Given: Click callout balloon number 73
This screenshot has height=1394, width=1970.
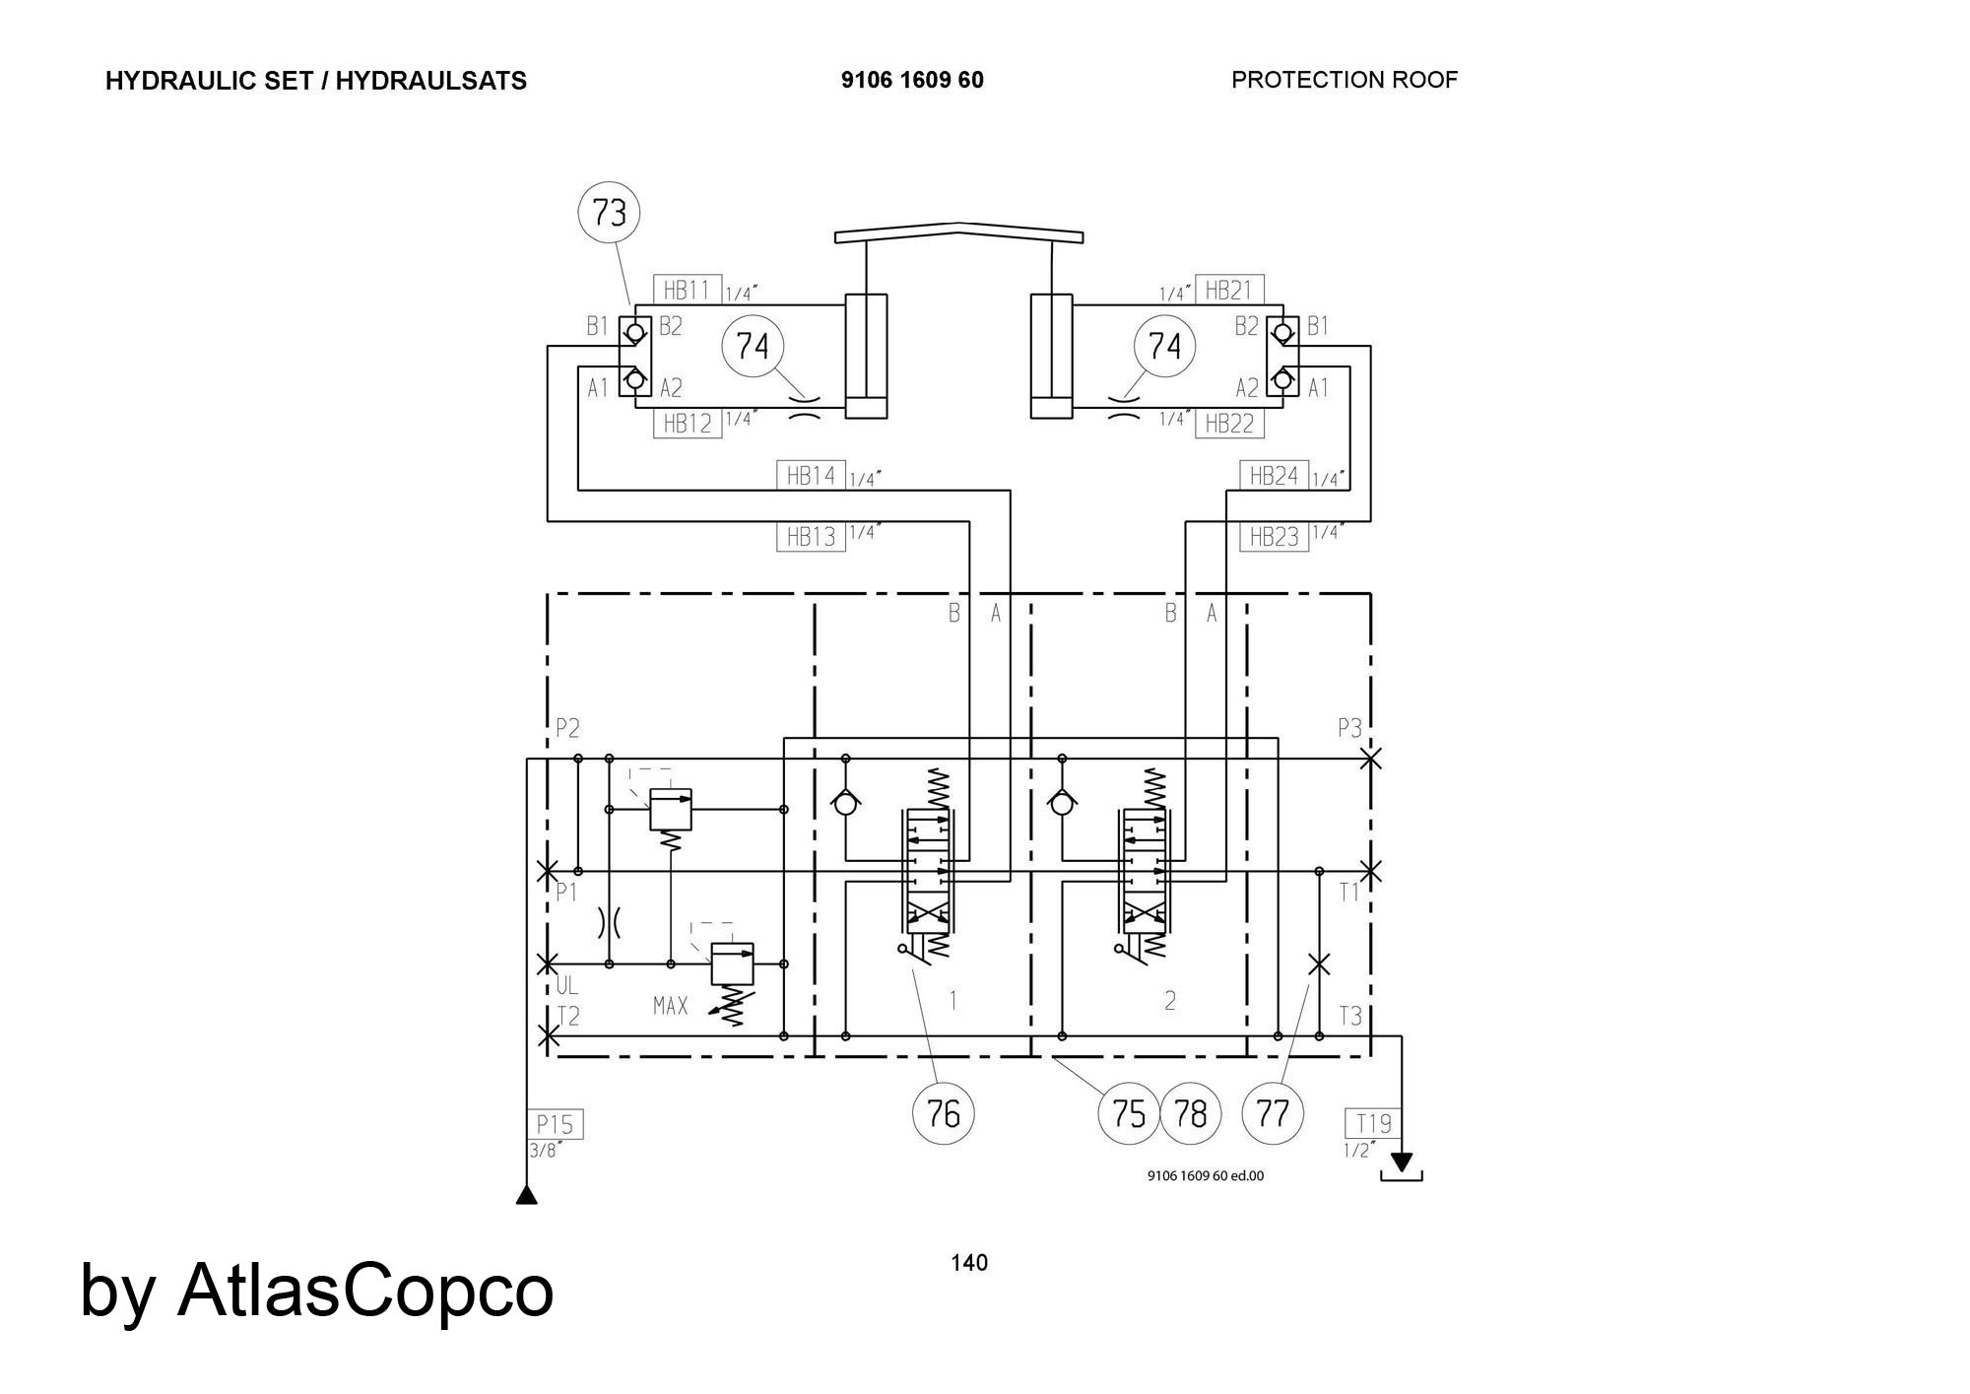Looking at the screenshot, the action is point(609,213).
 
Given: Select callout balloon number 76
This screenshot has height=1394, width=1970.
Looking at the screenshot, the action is point(944,1113).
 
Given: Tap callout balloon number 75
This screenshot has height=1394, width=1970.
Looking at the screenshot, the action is point(1129,1113).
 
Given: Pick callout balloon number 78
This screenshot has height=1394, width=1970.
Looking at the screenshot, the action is point(1191,1113).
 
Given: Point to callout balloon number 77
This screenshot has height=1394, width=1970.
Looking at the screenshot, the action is point(1274,1113).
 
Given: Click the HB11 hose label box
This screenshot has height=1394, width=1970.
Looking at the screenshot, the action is point(688,290).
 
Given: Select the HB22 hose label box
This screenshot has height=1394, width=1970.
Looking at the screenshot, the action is point(1229,424).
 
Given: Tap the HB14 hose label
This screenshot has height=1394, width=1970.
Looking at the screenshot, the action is point(811,476).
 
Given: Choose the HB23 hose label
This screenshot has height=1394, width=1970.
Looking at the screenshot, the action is point(1275,537).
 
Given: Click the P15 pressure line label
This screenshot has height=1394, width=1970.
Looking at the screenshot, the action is point(556,1124).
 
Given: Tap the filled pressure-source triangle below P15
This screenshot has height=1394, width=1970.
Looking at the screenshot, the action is point(527,1196).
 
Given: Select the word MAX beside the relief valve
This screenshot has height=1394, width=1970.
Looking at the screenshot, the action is point(671,1006).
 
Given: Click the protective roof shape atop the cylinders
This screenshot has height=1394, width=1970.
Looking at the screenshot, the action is point(959,232).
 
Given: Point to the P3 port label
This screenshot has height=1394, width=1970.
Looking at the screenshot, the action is point(1349,728).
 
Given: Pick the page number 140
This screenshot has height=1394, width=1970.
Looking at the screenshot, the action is point(969,1263).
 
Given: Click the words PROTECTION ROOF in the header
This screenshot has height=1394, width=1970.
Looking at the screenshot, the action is point(1345,80).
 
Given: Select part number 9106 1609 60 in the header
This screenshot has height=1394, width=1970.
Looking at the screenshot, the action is point(912,80).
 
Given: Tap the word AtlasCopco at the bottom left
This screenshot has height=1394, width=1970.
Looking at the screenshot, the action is point(365,1290).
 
